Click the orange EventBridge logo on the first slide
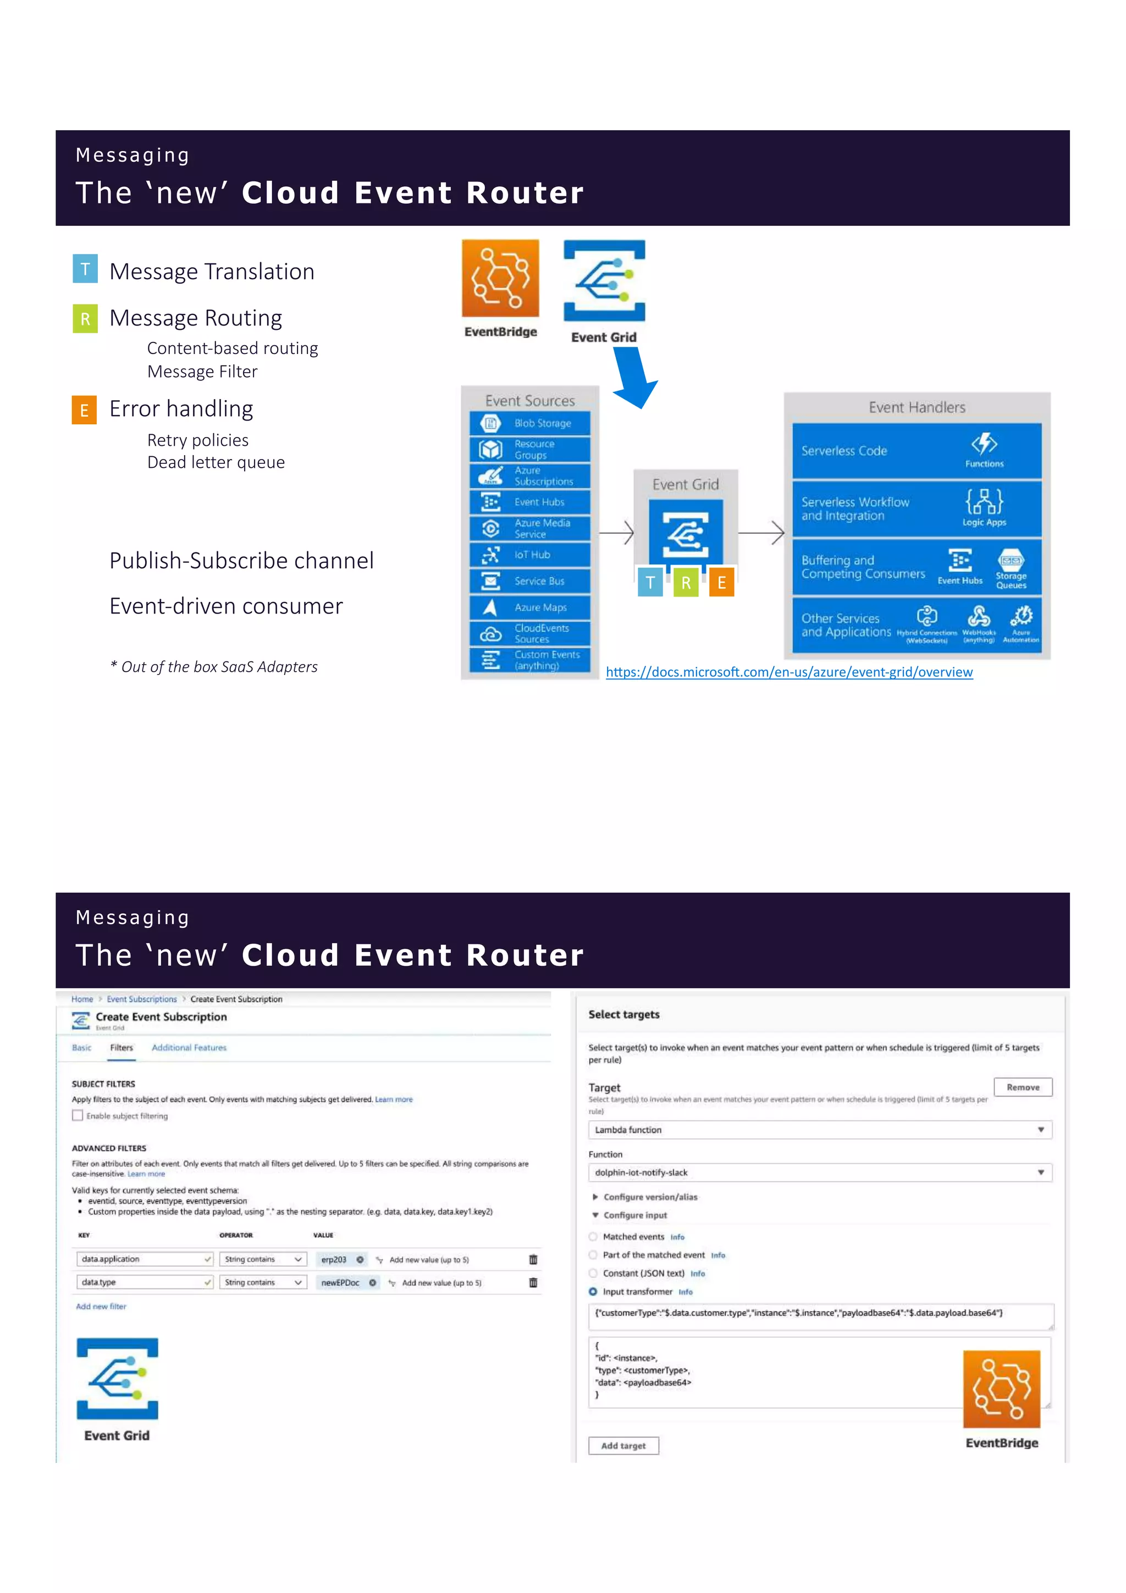click(x=500, y=278)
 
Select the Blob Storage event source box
click(x=530, y=423)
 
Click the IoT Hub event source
click(x=530, y=554)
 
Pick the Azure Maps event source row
click(x=530, y=607)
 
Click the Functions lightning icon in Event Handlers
click(x=984, y=444)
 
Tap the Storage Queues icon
click(x=1011, y=561)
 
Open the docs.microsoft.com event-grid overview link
click(x=789, y=672)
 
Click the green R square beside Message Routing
click(x=85, y=318)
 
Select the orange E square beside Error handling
click(x=84, y=410)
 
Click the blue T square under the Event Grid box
click(x=650, y=582)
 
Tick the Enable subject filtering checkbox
click(x=78, y=1116)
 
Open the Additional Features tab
click(x=189, y=1048)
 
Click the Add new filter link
click(x=101, y=1307)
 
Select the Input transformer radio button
click(x=593, y=1292)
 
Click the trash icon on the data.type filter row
click(x=533, y=1283)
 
